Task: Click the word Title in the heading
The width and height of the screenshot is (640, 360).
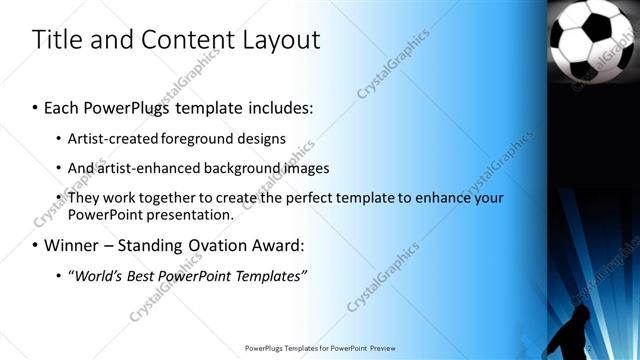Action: click(x=55, y=40)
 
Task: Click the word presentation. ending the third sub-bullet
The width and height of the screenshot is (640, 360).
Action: click(x=190, y=215)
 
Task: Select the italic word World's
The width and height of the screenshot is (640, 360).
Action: click(x=98, y=275)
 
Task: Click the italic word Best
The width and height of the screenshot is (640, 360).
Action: click(x=145, y=275)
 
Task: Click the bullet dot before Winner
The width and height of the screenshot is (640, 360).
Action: click(x=36, y=246)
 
